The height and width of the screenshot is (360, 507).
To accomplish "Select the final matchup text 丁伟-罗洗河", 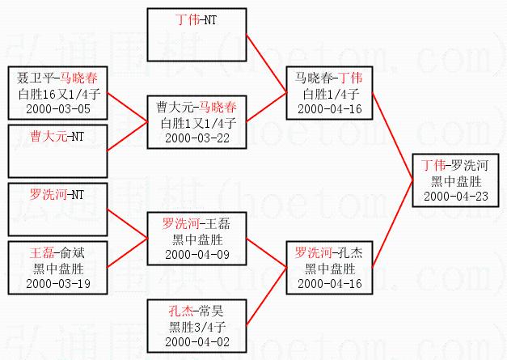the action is (x=458, y=165).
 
